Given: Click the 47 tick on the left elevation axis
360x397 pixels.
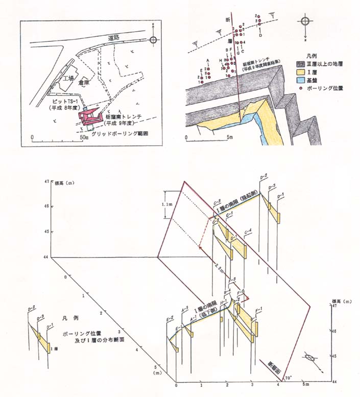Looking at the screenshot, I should pyautogui.click(x=46, y=181).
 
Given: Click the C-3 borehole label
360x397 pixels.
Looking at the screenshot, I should pyautogui.click(x=216, y=201).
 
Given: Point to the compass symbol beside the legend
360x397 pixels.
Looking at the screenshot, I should pyautogui.click(x=305, y=22).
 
